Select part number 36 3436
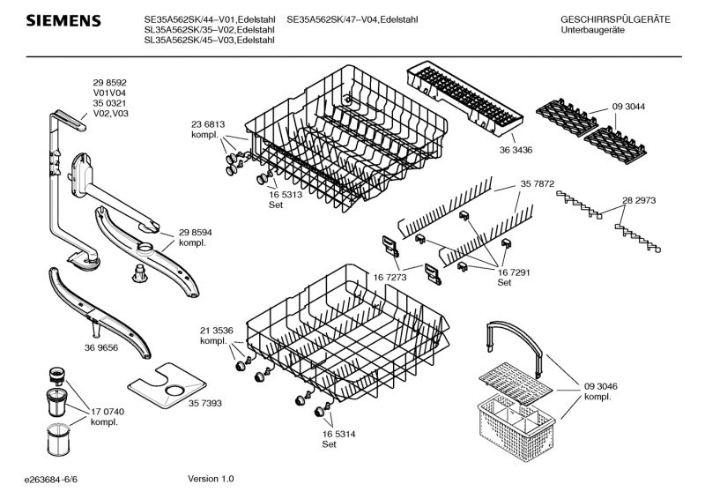[516, 150]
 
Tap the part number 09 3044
[628, 107]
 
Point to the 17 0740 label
[108, 412]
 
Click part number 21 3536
[216, 331]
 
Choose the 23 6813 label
[208, 125]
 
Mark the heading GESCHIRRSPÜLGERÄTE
[615, 19]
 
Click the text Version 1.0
[211, 479]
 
